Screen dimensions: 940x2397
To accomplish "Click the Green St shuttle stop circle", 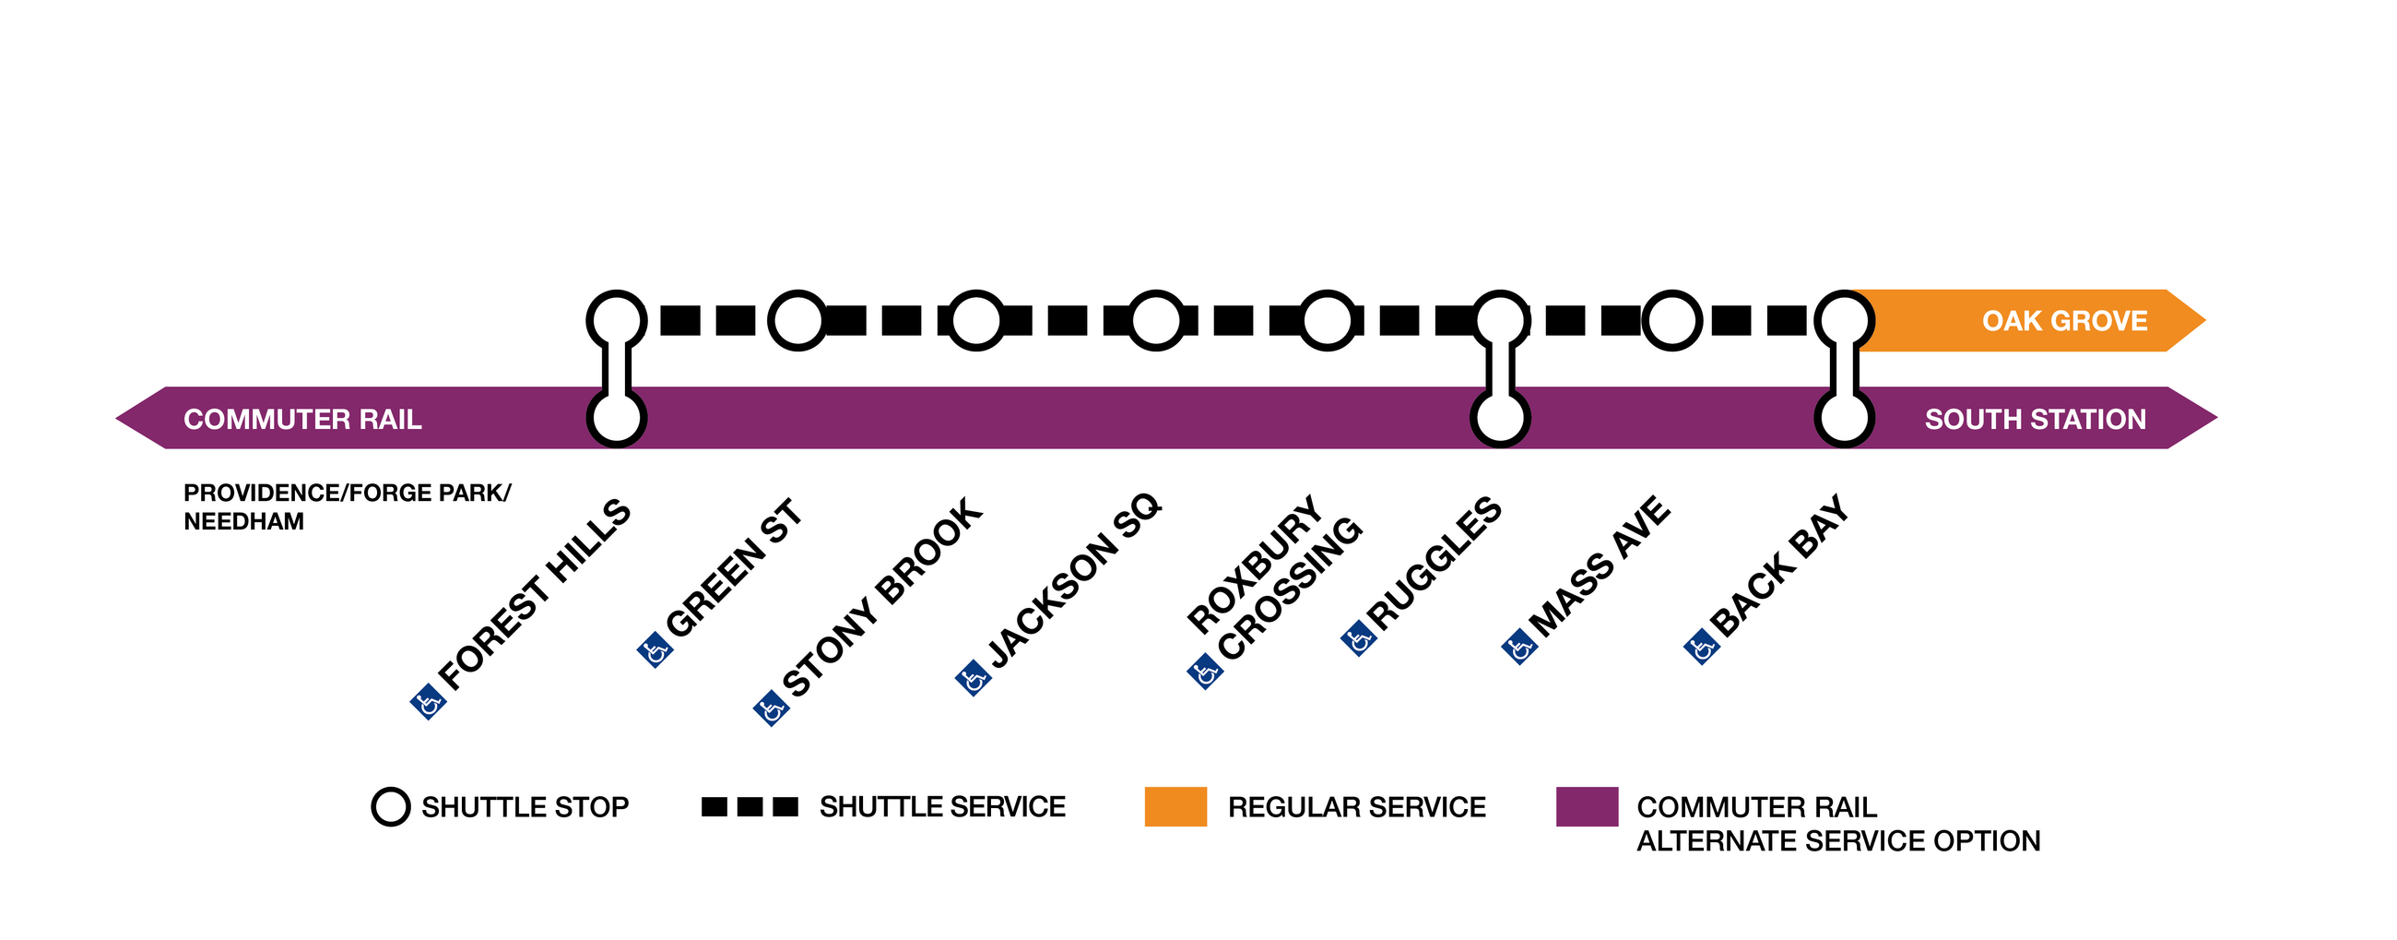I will (x=797, y=320).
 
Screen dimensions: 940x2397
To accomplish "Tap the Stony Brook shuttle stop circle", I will (x=975, y=320).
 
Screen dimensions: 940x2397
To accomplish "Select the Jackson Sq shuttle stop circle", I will (x=1156, y=320).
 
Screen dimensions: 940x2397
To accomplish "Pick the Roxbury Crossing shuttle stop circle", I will (x=1327, y=320).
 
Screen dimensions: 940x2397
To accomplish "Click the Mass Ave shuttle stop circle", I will (x=1671, y=320).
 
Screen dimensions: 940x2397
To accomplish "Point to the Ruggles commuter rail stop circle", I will (x=1499, y=418).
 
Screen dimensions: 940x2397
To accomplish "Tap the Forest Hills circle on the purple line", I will (x=616, y=418).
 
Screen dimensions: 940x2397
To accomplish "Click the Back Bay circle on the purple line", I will (x=1844, y=418).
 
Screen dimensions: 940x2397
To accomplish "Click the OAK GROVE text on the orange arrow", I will (x=2064, y=321).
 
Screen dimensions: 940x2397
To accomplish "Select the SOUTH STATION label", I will (x=2035, y=420).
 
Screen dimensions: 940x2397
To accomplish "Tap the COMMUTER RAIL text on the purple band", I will (x=302, y=420).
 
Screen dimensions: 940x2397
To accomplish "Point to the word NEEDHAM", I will (x=243, y=522).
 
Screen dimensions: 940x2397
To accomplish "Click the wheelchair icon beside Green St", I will (x=655, y=649).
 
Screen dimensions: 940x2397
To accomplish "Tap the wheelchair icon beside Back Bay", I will (x=1702, y=646).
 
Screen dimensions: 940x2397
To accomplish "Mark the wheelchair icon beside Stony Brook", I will (x=771, y=708).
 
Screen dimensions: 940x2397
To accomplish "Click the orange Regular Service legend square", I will (x=1175, y=807).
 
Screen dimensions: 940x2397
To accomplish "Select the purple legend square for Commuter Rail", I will (x=1587, y=807).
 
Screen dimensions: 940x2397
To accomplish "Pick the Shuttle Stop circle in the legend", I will (x=391, y=807).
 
